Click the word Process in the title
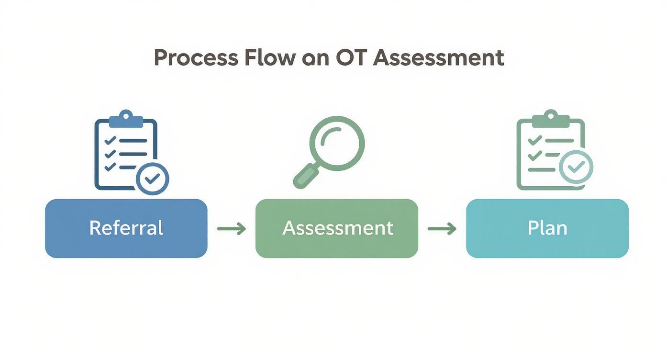click(196, 58)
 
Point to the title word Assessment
click(438, 58)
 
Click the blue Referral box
click(126, 228)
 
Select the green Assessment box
click(337, 228)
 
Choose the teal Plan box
click(547, 228)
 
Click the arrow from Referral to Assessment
click(232, 229)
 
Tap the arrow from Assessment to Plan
click(442, 229)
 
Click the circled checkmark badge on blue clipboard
click(152, 179)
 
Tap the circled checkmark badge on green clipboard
click(577, 166)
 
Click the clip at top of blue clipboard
click(126, 118)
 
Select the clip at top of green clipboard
click(550, 118)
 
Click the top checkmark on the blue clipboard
click(110, 140)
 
